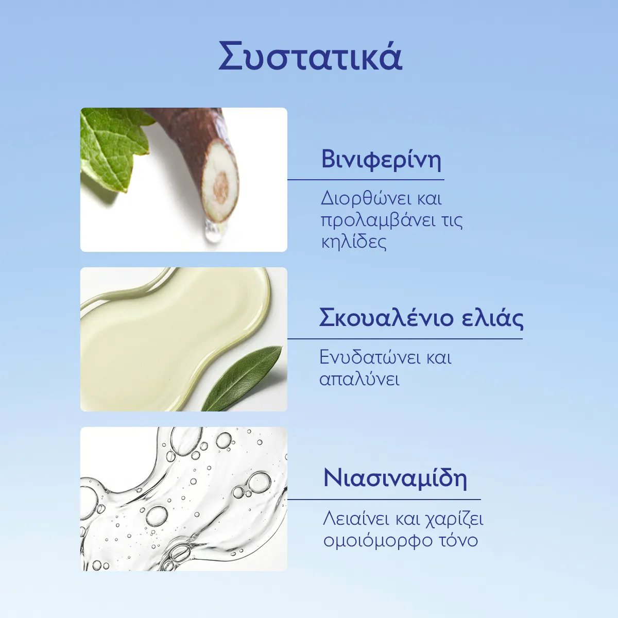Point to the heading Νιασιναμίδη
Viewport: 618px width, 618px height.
point(395,478)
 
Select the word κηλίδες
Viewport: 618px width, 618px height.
point(353,242)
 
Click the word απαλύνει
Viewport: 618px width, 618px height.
point(359,379)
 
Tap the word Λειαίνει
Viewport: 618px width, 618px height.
point(356,518)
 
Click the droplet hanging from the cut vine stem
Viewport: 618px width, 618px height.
point(211,233)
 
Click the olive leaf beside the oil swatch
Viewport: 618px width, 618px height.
point(242,378)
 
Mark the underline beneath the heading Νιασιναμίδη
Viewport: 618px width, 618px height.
point(384,499)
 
